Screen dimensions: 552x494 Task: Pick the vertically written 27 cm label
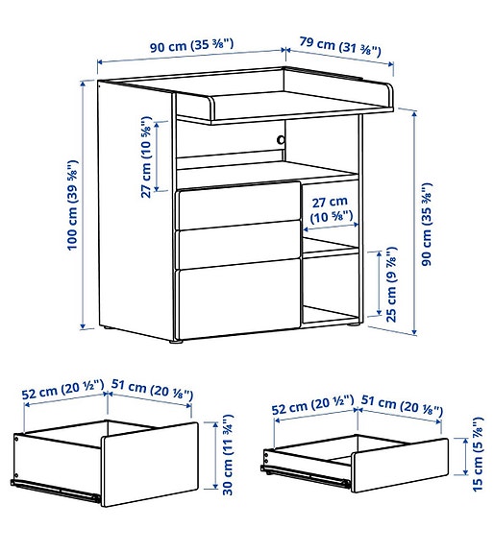[146, 158]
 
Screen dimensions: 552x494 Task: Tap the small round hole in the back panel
[282, 140]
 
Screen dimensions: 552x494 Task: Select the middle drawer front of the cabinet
[235, 245]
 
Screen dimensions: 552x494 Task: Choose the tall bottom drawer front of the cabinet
[235, 300]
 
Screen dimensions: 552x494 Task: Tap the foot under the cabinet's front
[175, 339]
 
